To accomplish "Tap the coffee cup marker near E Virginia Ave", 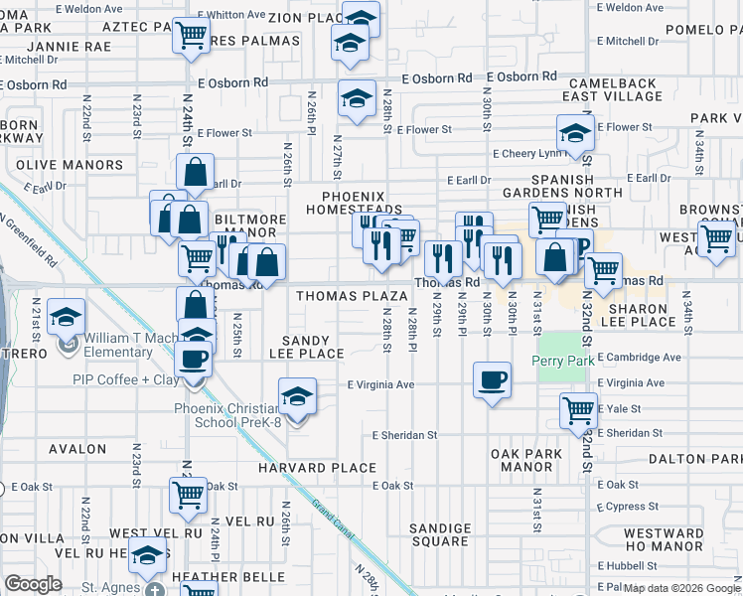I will tap(491, 380).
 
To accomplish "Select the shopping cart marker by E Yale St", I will tap(577, 409).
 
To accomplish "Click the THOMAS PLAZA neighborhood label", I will tap(351, 296).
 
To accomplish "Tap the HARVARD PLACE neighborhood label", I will tap(317, 467).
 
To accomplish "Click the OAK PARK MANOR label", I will tap(526, 460).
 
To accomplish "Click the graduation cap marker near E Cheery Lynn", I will tap(575, 134).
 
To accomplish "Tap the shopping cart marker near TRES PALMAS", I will tap(191, 38).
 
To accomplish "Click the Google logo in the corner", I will tap(33, 584).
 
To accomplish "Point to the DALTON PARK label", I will tap(694, 459).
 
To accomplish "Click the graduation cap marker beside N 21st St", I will tap(67, 317).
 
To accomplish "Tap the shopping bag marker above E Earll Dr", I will tap(196, 172).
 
